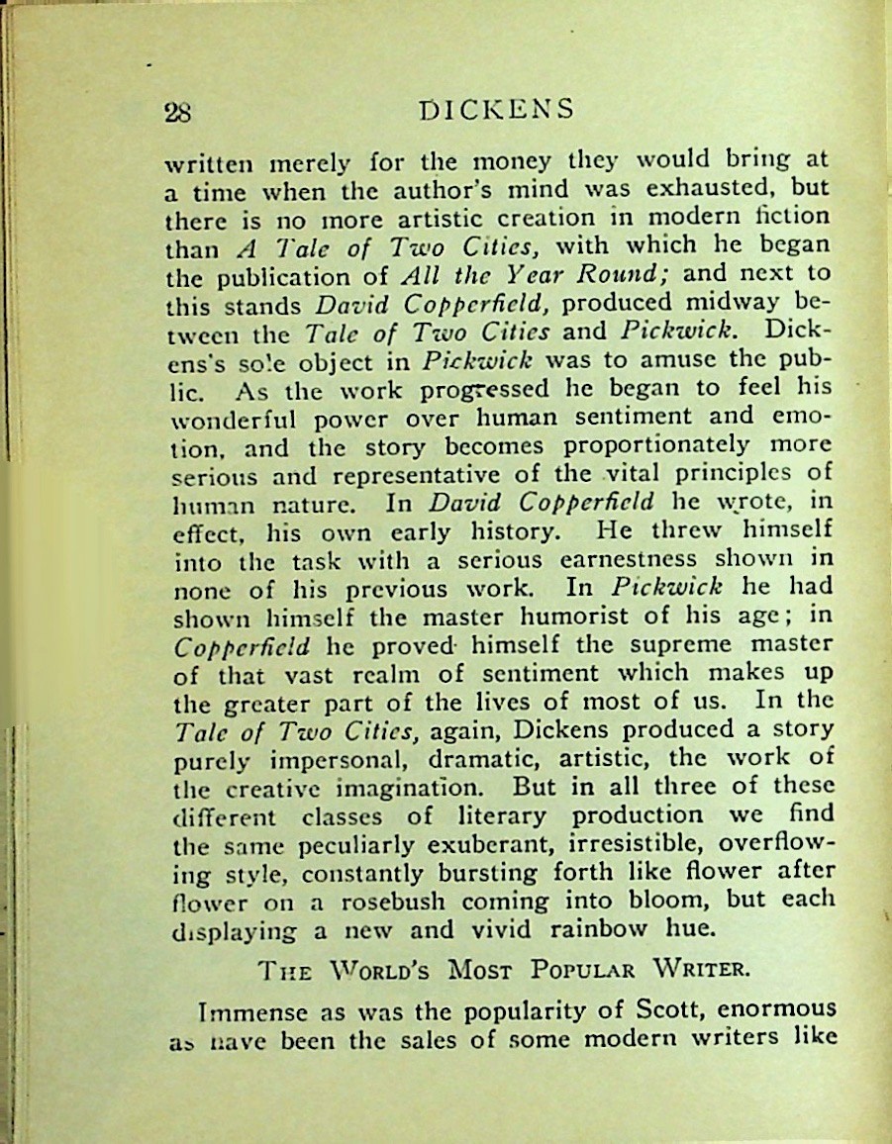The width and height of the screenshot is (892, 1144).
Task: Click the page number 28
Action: (x=178, y=111)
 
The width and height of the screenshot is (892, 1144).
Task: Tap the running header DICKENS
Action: (x=496, y=108)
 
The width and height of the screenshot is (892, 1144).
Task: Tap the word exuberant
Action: (x=514, y=844)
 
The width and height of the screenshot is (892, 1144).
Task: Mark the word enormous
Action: (x=775, y=1009)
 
